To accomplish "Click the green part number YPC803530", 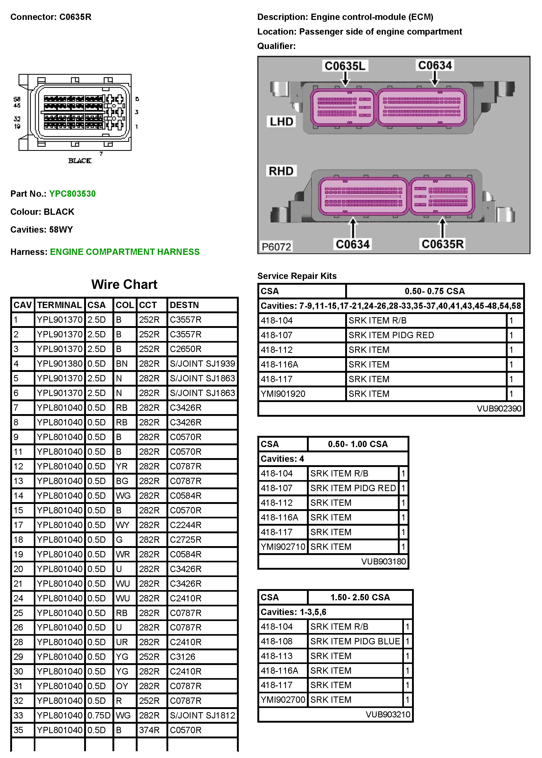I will [72, 194].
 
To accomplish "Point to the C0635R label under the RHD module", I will [443, 244].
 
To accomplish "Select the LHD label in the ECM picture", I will [281, 122].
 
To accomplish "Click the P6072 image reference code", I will [276, 247].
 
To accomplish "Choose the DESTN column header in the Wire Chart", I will [184, 305].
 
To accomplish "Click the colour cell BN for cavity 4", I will [122, 364].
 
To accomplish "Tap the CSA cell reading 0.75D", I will [99, 715].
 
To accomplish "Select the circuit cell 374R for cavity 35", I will [149, 730].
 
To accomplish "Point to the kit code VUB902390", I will [499, 409].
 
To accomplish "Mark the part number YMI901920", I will [283, 394].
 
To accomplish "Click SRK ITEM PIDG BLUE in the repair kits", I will [355, 641].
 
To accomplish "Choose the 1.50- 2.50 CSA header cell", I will [360, 597].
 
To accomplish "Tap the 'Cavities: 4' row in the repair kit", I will [282, 459].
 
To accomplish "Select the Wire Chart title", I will [124, 284].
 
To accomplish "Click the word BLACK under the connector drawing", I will [80, 161].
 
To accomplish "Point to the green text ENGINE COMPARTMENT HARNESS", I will [125, 252].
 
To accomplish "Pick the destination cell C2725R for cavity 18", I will [186, 540].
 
